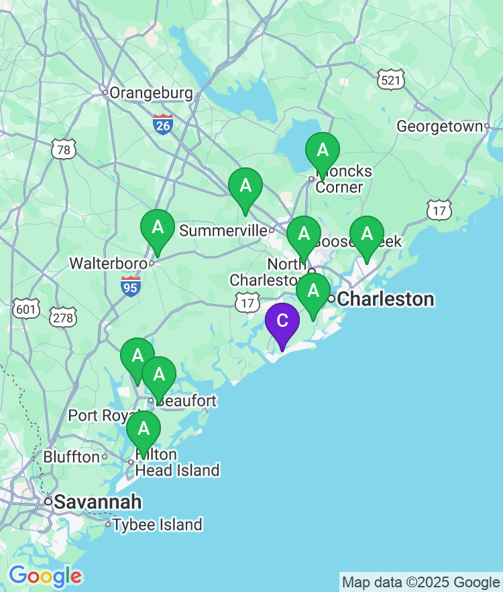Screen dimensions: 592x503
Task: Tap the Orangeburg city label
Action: click(151, 93)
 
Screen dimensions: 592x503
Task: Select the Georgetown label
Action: click(439, 126)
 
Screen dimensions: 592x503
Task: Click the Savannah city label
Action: click(98, 502)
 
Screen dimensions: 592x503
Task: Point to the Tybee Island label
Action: click(158, 524)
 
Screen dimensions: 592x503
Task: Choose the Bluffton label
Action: click(71, 457)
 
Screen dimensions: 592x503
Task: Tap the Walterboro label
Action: click(107, 264)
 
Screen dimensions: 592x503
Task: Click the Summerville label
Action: click(223, 231)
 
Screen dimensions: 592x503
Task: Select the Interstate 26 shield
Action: click(163, 124)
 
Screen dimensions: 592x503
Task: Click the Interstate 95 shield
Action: click(131, 287)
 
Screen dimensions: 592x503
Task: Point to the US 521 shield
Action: click(391, 80)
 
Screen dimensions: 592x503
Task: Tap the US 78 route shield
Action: click(63, 149)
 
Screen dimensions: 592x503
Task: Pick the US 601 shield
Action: click(25, 308)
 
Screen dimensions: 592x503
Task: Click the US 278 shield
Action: click(63, 317)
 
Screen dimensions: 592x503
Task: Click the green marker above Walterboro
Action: click(158, 228)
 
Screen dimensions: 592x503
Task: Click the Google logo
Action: click(45, 575)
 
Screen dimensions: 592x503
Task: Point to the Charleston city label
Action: click(386, 299)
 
